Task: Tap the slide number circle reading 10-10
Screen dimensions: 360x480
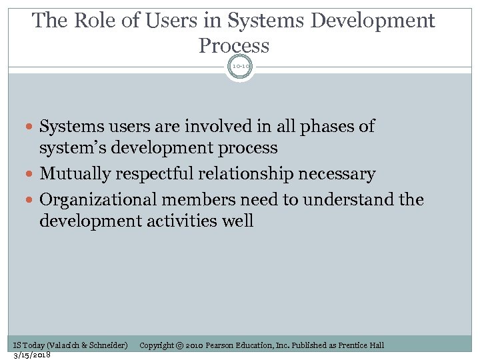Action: pos(240,67)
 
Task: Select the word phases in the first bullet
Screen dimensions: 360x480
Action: pos(327,126)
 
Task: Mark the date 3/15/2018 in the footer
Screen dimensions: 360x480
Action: pos(32,354)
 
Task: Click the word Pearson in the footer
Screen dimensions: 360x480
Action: pos(221,345)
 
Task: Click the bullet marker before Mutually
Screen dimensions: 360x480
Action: pos(31,175)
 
